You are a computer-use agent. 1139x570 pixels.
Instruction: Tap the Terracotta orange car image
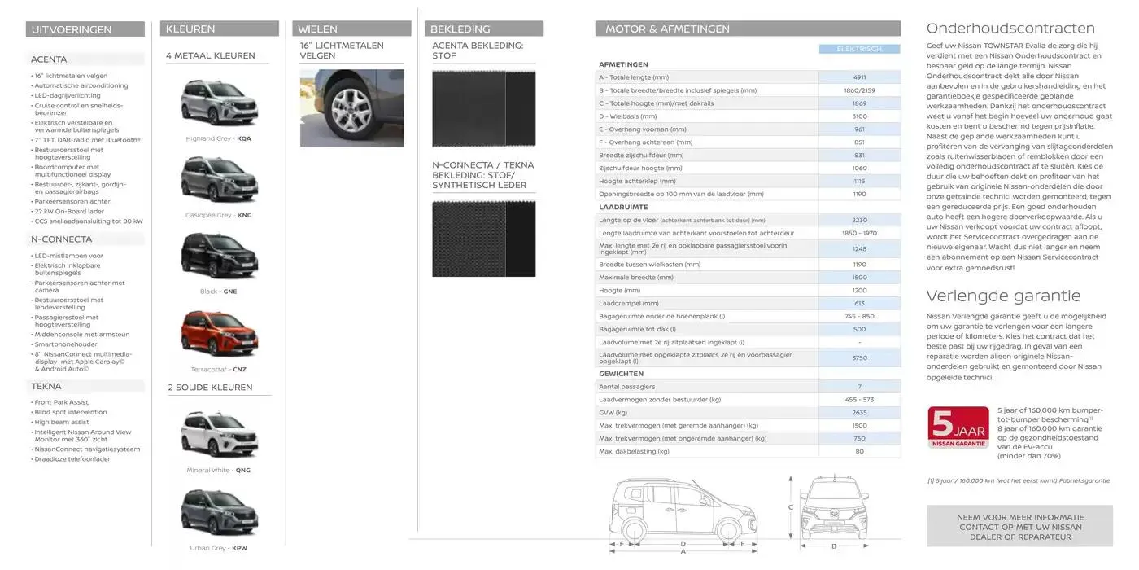pos(218,335)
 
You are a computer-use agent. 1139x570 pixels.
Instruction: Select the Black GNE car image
pos(218,256)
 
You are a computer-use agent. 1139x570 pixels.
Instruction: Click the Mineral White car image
pos(218,435)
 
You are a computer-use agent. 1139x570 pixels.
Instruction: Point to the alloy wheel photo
pos(351,107)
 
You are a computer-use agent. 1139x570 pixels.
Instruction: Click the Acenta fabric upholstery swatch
pos(483,109)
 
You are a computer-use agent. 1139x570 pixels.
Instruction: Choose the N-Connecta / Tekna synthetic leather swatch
pos(483,239)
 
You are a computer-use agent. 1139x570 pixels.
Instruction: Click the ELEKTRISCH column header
pos(859,49)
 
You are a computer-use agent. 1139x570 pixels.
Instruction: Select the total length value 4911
pos(859,77)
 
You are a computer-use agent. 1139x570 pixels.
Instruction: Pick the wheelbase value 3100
pos(859,116)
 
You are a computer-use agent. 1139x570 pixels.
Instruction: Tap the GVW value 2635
pos(859,413)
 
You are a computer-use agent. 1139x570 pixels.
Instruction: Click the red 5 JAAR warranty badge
pos(958,427)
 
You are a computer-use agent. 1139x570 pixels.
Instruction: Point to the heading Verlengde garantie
pos(1003,296)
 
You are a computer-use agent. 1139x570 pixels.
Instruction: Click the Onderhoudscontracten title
pos(1010,28)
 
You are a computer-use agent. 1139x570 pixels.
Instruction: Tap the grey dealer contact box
pos(1019,526)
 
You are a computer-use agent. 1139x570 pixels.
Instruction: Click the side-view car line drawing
pos(682,512)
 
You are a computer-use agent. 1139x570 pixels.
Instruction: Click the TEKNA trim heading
pos(46,386)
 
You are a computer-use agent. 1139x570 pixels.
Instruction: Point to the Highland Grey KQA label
pos(218,138)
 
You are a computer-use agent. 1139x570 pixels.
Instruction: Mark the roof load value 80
pos(859,451)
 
